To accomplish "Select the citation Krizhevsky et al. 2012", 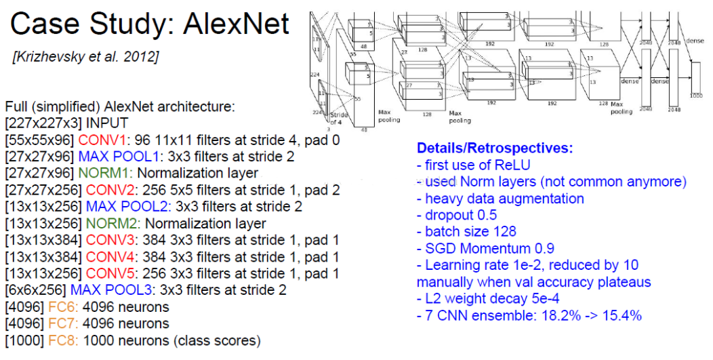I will [x=85, y=57].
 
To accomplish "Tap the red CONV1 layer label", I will [x=102, y=140].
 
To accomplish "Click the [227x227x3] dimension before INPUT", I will [x=35, y=124].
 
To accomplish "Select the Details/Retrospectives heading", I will [x=495, y=148].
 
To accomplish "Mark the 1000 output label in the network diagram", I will [x=696, y=97].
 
